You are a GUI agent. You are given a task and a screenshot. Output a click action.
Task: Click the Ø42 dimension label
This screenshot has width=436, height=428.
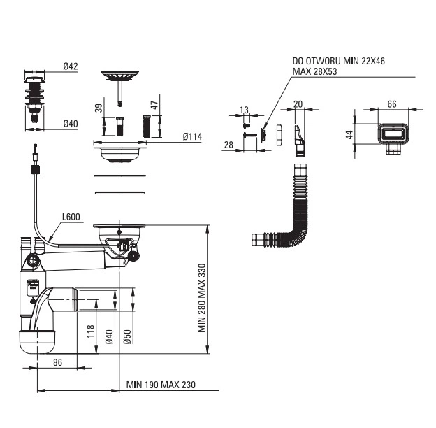pyautogui.click(x=71, y=66)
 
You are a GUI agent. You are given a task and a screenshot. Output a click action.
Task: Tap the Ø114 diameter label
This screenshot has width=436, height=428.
pyautogui.click(x=192, y=136)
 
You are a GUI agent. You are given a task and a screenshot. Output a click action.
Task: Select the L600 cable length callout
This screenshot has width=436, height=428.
pyautogui.click(x=71, y=217)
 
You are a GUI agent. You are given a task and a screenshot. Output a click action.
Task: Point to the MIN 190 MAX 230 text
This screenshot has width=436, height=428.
pyautogui.click(x=161, y=385)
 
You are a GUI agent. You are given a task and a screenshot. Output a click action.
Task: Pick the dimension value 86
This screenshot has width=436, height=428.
pyautogui.click(x=57, y=362)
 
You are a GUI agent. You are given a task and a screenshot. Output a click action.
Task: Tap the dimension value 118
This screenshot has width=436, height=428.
pyautogui.click(x=91, y=331)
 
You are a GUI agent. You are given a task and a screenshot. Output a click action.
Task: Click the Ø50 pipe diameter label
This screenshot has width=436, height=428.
pyautogui.click(x=127, y=336)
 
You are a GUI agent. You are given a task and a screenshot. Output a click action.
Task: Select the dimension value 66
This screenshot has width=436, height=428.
pyautogui.click(x=392, y=104)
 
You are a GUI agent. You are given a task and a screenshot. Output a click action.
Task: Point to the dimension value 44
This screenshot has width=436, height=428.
pyautogui.click(x=349, y=134)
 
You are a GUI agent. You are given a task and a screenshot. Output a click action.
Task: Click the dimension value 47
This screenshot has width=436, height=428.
pyautogui.click(x=154, y=105)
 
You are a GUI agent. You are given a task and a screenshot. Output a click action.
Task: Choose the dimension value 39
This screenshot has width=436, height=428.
pyautogui.click(x=99, y=108)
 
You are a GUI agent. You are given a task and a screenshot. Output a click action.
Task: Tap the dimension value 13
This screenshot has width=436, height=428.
pyautogui.click(x=244, y=110)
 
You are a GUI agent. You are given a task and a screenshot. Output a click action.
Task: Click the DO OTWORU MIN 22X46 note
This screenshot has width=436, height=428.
pyautogui.click(x=338, y=61)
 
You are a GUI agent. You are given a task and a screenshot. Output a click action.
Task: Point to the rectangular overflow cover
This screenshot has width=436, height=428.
pyautogui.click(x=393, y=138)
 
